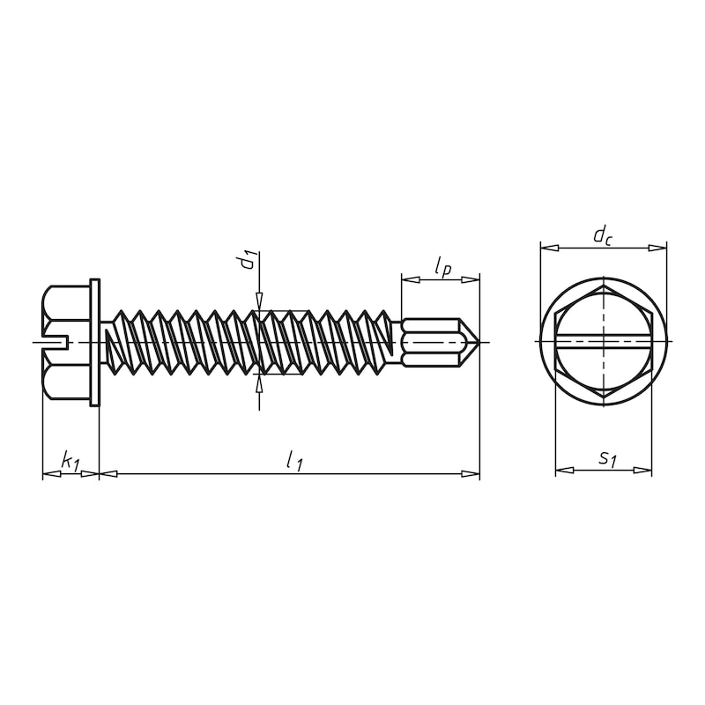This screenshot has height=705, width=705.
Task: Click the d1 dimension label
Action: (250, 259)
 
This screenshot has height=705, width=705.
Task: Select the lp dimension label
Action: (442, 266)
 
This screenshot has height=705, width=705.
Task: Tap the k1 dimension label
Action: (70, 460)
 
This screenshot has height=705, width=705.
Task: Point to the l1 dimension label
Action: (293, 459)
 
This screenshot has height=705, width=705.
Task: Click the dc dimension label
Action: (603, 234)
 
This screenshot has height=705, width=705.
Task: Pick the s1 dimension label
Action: (606, 458)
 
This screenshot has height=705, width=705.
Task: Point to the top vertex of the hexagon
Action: (604, 286)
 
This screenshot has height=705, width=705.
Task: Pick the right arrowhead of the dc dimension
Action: (658, 249)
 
